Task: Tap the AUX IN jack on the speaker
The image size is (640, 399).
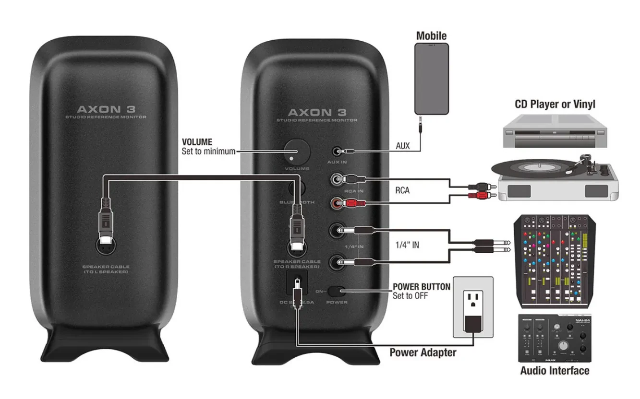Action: coord(338,151)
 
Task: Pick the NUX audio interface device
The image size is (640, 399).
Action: coord(555,338)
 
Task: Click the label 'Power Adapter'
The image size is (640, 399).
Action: coord(423,353)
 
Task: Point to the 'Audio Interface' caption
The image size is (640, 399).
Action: coord(555,371)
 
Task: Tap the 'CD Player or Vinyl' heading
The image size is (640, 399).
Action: coord(555,104)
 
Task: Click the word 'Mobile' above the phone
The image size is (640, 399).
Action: coord(431,35)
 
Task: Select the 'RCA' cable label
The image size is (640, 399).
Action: coord(402,191)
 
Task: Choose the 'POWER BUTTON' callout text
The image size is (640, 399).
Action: coord(421,287)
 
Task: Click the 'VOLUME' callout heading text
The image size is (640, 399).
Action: coord(197,142)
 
